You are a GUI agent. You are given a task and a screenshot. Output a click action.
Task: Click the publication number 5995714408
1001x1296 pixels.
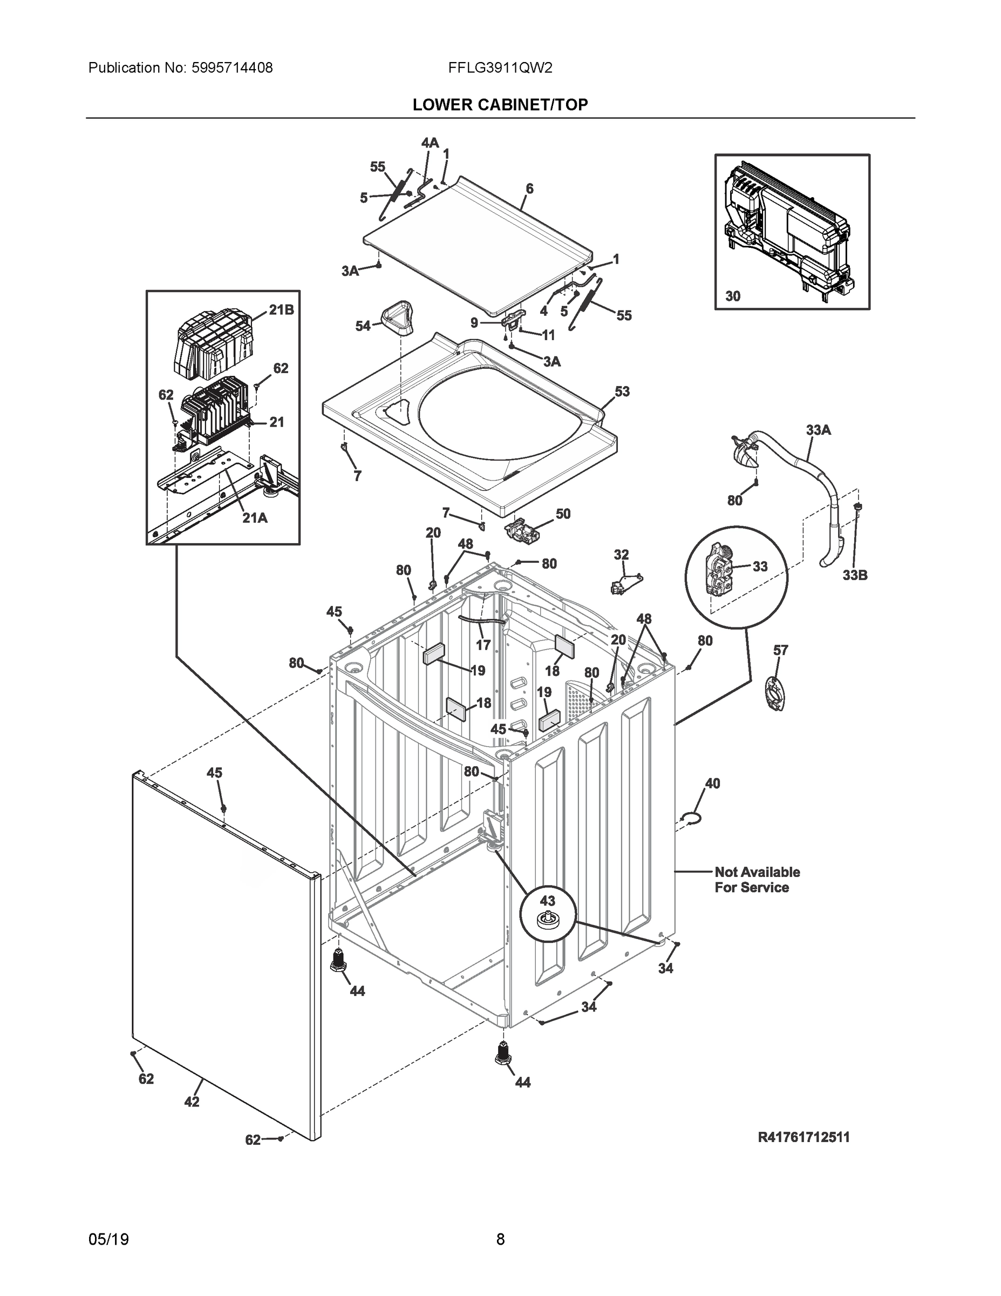click(232, 68)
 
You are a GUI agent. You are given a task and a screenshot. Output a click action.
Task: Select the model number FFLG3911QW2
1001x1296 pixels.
click(501, 68)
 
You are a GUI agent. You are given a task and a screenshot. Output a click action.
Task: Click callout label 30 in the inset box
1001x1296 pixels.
click(733, 296)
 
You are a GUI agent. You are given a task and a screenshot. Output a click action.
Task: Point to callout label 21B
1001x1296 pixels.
click(281, 310)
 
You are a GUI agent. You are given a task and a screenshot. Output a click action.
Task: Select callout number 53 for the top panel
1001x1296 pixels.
click(622, 391)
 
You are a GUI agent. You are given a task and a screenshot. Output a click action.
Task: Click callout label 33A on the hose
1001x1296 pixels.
click(819, 430)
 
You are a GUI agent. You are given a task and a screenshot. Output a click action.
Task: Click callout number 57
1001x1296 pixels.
click(780, 650)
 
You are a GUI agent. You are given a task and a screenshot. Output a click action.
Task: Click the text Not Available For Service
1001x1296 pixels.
click(757, 880)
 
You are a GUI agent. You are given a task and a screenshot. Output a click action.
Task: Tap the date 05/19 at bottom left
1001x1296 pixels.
click(108, 1240)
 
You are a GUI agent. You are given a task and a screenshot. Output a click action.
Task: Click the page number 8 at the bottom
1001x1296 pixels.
click(501, 1240)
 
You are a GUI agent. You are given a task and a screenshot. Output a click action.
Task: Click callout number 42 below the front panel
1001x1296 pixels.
click(192, 1102)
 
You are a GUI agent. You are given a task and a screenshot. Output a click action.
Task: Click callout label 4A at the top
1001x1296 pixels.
click(430, 143)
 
